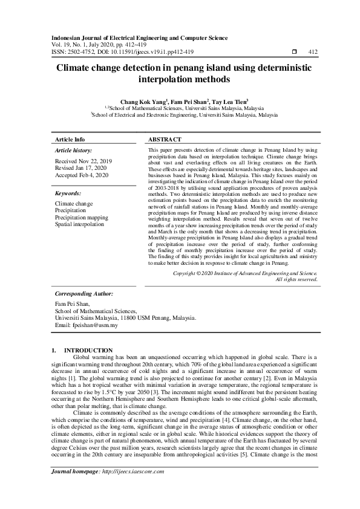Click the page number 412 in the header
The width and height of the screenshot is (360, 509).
point(313,52)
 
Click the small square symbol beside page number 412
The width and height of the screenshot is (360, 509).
point(294,52)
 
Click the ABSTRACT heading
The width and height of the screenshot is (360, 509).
point(165,139)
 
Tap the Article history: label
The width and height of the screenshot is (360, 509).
point(73,149)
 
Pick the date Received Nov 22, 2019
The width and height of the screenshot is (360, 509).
point(83,161)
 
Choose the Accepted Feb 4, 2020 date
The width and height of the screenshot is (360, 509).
point(82,175)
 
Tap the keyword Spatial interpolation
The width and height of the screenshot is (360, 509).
point(83,224)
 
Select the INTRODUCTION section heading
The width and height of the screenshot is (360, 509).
point(88,350)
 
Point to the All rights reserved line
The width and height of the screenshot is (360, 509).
point(296,279)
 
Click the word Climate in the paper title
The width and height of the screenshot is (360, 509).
point(76,69)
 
